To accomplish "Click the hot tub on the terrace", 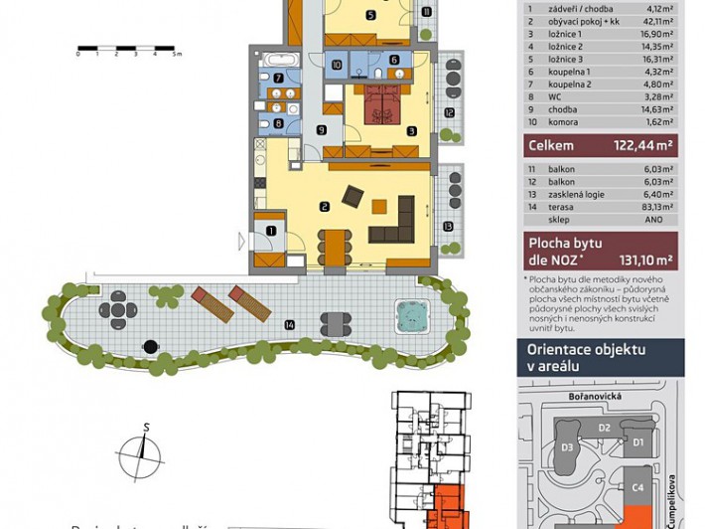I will coord(409,316).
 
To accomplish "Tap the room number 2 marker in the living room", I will coord(325,207).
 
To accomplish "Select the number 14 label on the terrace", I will coord(289,324).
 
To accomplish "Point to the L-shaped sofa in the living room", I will coord(394,224).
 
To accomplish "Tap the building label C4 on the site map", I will coord(638,487).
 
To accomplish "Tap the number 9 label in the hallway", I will coord(321,129).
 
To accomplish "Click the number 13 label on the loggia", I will coord(449,226).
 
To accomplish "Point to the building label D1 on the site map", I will coord(638,441).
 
